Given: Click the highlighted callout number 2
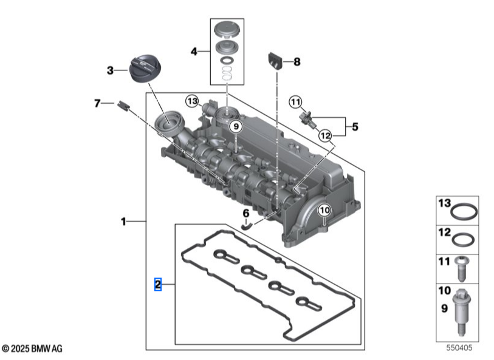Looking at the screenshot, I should [x=157, y=284].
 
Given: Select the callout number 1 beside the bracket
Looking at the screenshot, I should [x=123, y=222].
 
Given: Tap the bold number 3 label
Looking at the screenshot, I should [x=110, y=70].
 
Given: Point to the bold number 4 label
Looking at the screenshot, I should [x=194, y=52].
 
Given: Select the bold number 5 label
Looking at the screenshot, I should [x=355, y=127].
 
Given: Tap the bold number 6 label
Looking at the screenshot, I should [x=246, y=213].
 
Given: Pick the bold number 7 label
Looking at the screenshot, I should [x=97, y=104].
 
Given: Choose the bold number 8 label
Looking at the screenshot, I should [x=297, y=61].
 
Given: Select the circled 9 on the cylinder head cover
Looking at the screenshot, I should [x=236, y=126].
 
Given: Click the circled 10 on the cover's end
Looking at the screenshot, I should [x=323, y=210].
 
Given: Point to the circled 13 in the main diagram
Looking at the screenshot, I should [x=193, y=101].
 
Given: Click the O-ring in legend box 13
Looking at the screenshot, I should [x=465, y=212].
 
